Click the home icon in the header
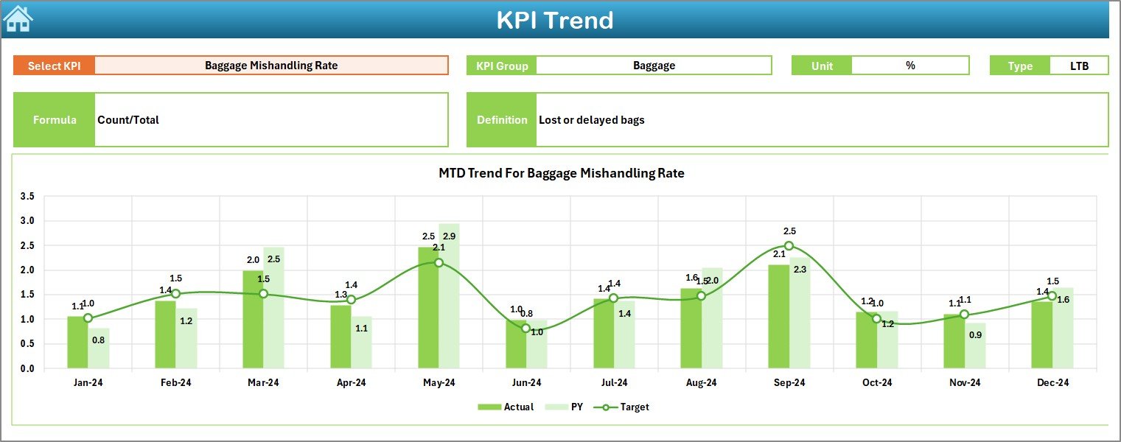point(18,19)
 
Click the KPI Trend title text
point(554,20)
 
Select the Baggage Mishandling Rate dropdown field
point(271,66)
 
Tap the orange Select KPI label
point(54,66)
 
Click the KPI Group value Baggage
point(654,66)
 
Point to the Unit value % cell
point(910,66)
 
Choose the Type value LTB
point(1080,66)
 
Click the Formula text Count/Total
point(128,119)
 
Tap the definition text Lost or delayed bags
point(592,119)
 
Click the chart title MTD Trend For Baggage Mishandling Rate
point(561,174)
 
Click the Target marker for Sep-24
point(789,246)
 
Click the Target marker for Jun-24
point(525,328)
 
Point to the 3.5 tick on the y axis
point(27,197)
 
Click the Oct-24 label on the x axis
point(876,383)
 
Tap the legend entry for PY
point(569,407)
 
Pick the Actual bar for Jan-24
point(77,343)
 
